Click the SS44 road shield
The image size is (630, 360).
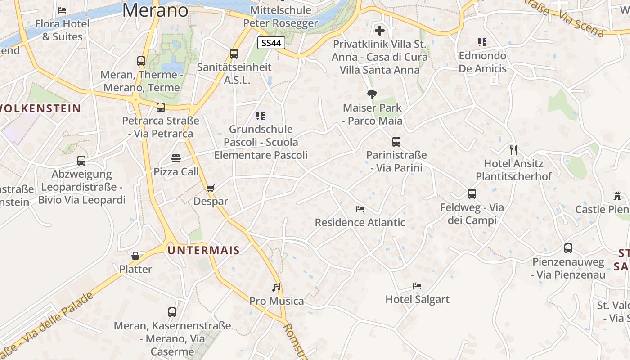(x=272, y=43)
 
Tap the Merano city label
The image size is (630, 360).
(x=155, y=10)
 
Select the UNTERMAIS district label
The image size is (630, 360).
(x=204, y=250)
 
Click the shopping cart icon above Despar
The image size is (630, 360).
(x=211, y=188)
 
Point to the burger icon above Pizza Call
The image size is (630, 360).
(x=176, y=158)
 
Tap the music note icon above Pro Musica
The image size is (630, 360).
(x=276, y=287)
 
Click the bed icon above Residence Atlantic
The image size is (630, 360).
(x=360, y=209)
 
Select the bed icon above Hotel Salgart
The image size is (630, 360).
(x=417, y=286)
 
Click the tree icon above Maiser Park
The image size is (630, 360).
(x=372, y=94)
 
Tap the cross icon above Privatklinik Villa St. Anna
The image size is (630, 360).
(x=380, y=31)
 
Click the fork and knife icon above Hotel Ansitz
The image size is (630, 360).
(x=513, y=150)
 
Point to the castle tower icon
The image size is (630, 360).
(x=617, y=196)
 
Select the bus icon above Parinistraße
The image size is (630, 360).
(x=396, y=142)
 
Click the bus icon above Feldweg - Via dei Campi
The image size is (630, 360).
(x=472, y=194)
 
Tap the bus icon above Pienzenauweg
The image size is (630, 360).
(x=568, y=248)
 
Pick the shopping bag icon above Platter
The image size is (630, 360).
(x=135, y=256)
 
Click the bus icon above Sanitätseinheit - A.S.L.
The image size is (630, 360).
(x=234, y=54)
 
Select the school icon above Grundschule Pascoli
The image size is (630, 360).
(x=261, y=116)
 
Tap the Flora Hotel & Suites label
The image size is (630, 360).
(x=63, y=30)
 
